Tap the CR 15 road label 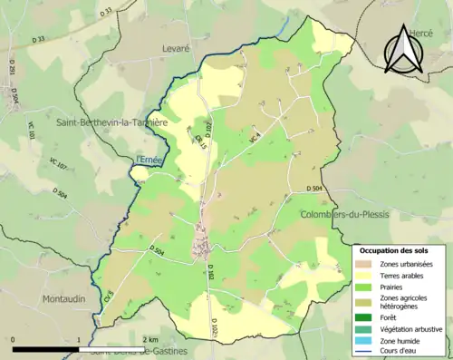point(201,141)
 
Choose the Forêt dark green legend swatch point(367,317)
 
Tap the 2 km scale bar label point(150,339)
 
